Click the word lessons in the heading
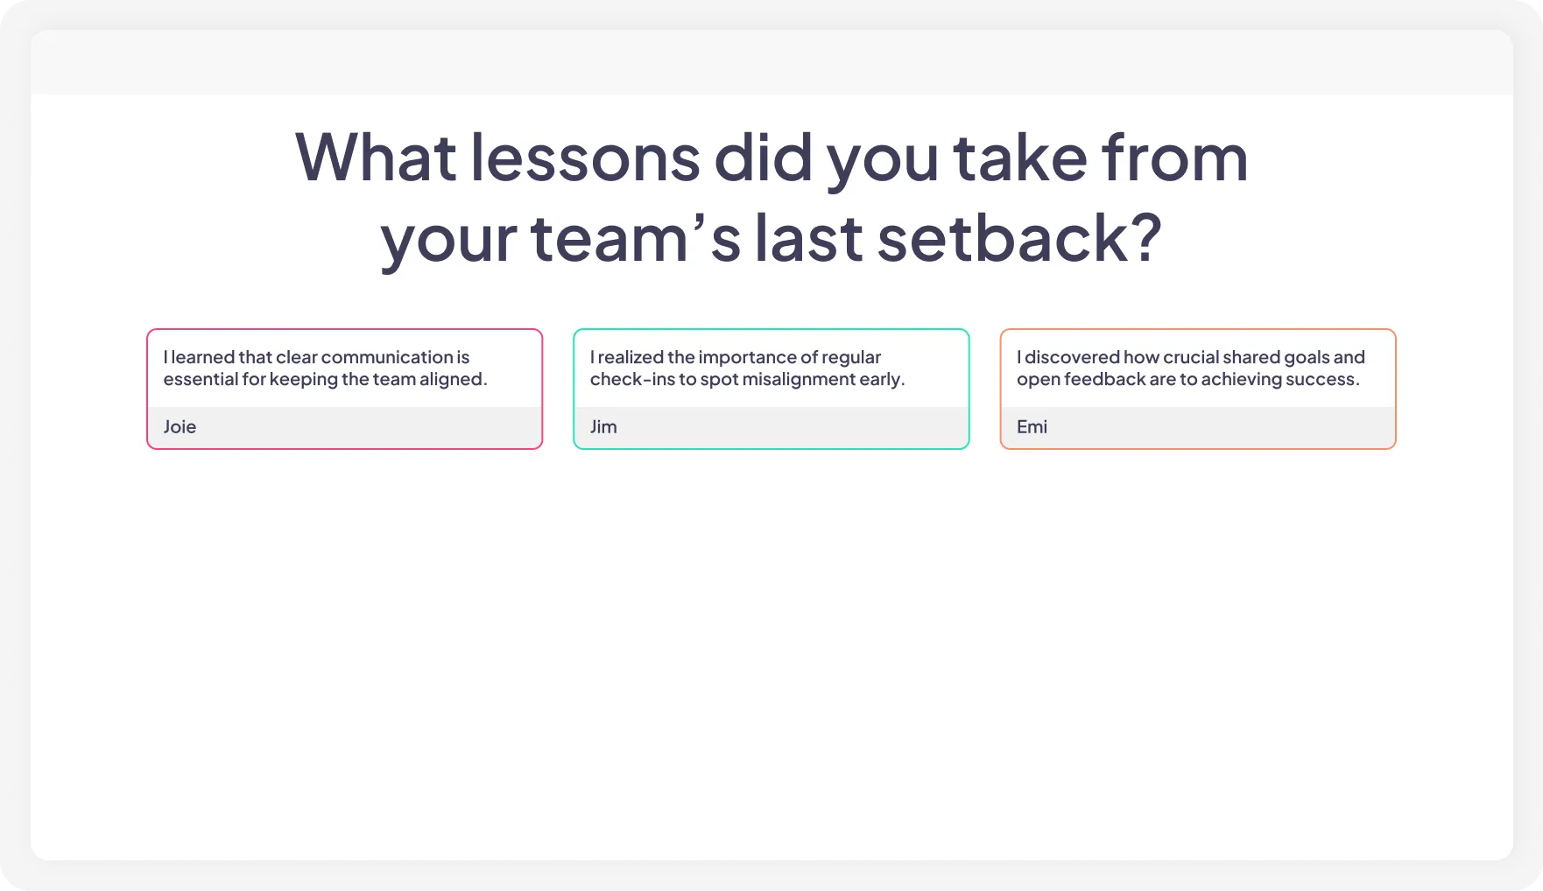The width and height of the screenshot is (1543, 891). coord(585,158)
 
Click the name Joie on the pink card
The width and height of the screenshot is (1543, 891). coord(180,427)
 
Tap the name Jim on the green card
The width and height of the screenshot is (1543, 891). coord(603,427)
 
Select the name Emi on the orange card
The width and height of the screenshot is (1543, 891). coord(1032,427)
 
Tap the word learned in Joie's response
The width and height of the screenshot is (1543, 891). coord(202,357)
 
